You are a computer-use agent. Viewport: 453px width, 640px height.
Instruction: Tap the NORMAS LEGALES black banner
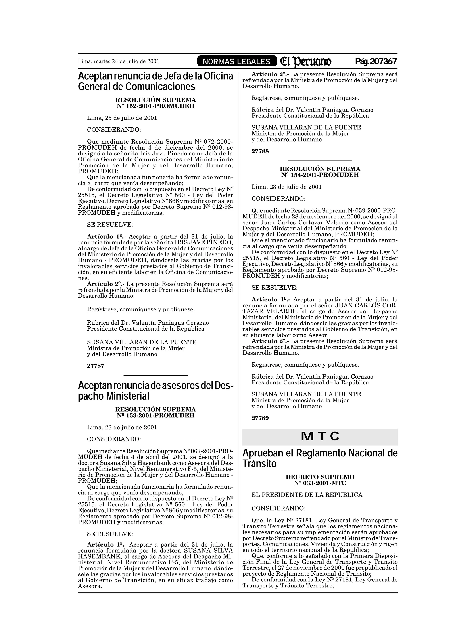coord(236,62)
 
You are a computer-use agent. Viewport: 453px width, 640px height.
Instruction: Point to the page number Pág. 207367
coord(376,61)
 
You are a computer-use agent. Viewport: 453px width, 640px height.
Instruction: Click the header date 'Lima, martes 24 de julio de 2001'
coord(118,61)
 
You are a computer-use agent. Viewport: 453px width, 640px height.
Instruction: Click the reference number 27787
coord(96,366)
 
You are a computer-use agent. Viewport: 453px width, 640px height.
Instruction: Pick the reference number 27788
coord(260,151)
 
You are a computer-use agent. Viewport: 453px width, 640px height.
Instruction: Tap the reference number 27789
coord(260,418)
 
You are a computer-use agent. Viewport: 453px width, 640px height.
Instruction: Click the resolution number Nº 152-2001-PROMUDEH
coord(155,106)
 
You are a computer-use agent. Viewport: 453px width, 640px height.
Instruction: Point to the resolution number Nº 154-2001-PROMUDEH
coord(320,175)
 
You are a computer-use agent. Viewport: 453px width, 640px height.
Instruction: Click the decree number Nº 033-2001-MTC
coord(320,483)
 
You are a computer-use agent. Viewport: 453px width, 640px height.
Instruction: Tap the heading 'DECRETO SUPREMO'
coord(320,477)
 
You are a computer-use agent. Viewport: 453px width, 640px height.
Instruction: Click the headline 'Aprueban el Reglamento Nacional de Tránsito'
coord(320,458)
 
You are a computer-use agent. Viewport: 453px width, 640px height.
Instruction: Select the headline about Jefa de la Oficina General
coord(155,81)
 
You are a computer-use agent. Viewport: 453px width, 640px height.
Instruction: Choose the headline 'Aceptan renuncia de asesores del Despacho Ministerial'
coord(155,390)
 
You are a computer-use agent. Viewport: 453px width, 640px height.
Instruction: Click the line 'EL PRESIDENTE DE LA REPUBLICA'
coord(307,495)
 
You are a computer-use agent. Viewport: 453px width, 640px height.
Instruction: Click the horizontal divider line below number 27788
coord(320,161)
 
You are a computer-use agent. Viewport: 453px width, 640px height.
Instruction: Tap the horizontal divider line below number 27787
coord(155,375)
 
